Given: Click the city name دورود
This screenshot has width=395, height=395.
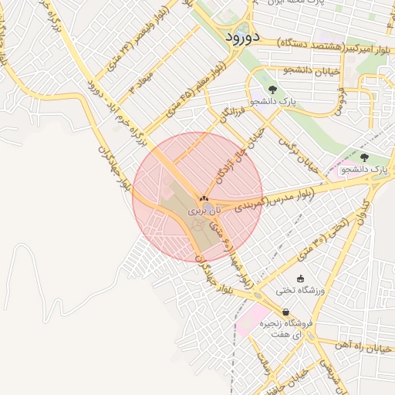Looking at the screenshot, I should [237, 37].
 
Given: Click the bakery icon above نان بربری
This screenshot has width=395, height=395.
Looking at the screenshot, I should [204, 198].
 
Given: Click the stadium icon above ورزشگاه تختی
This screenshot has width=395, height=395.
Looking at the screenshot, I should [300, 279].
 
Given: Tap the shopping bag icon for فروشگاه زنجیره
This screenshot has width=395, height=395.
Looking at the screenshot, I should [286, 312].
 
